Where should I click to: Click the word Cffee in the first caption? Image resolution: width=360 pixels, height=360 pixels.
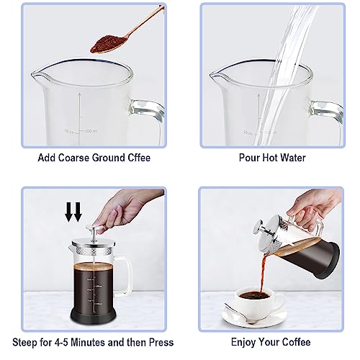pos(135,158)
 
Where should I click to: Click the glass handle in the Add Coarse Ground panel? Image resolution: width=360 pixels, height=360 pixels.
pos(151,115)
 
